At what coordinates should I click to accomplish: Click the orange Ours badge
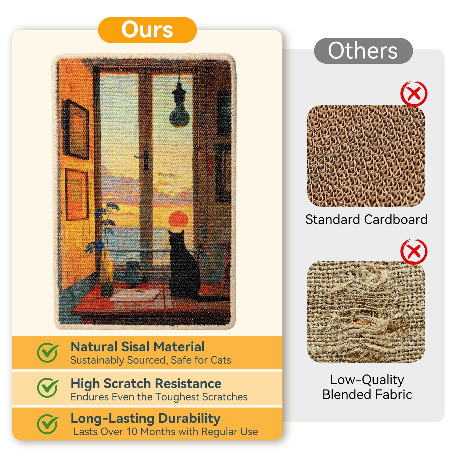(x=147, y=30)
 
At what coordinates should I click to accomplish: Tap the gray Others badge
(x=363, y=51)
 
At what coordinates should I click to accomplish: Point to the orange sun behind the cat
(x=178, y=222)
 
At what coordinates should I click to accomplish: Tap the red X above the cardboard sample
(x=414, y=94)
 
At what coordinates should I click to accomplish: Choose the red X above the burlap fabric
(x=414, y=252)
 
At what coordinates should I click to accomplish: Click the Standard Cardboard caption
(x=367, y=219)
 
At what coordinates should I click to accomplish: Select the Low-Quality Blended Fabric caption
(x=367, y=387)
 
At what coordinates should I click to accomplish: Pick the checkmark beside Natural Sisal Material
(x=48, y=352)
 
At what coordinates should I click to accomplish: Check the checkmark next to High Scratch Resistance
(x=48, y=388)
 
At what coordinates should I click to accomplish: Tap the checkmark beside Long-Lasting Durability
(x=48, y=424)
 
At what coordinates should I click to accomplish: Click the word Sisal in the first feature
(x=136, y=347)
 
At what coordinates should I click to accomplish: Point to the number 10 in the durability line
(x=132, y=431)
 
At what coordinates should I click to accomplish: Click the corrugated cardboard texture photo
(x=366, y=156)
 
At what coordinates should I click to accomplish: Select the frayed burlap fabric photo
(x=366, y=312)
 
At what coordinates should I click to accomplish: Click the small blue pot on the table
(x=133, y=274)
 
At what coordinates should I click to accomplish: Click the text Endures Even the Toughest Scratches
(x=159, y=397)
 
